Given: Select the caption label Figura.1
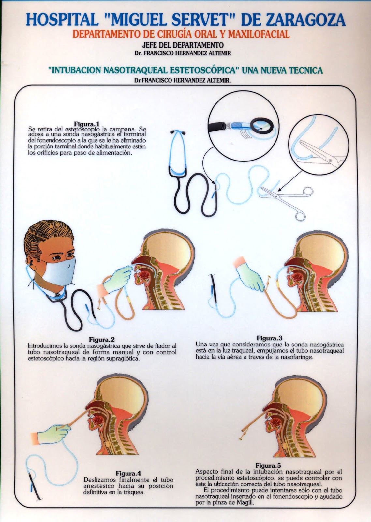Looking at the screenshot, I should pos(87,124).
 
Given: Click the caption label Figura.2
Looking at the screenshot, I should pos(102,340).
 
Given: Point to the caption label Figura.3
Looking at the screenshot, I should pos(269,338).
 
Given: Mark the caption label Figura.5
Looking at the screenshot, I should pos(268,466).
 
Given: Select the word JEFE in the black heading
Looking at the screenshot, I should pos(151,45).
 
